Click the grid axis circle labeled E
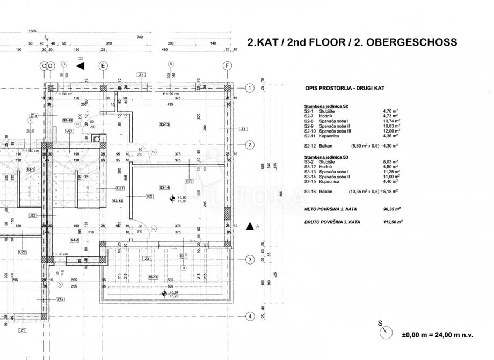(103, 66)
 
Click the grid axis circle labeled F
(228, 66)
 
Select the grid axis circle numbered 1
(249, 88)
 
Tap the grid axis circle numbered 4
(249, 317)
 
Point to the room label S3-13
(164, 124)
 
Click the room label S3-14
(164, 187)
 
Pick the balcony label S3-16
(154, 277)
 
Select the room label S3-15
(68, 120)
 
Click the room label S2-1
(31, 169)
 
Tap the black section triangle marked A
(250, 226)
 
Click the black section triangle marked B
(81, 65)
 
